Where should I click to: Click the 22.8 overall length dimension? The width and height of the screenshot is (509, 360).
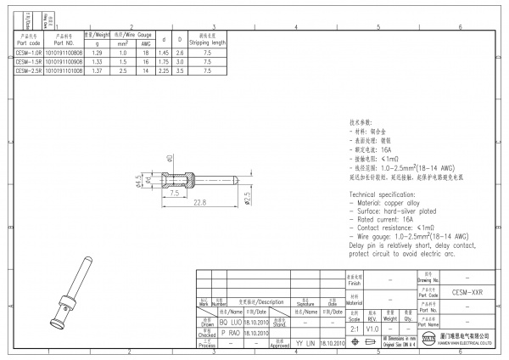[199, 203]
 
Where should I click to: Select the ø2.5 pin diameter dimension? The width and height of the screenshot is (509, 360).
[247, 198]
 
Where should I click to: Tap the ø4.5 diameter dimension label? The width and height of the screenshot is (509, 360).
[138, 180]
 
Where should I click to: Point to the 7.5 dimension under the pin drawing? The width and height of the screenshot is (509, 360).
[173, 193]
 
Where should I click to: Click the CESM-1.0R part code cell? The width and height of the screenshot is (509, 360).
[28, 53]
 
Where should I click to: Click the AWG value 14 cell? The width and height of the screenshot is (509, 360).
[146, 71]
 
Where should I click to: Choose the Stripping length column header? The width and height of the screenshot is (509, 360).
[207, 39]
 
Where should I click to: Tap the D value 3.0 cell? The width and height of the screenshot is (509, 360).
[179, 62]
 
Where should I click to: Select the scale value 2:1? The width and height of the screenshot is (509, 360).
[353, 329]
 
